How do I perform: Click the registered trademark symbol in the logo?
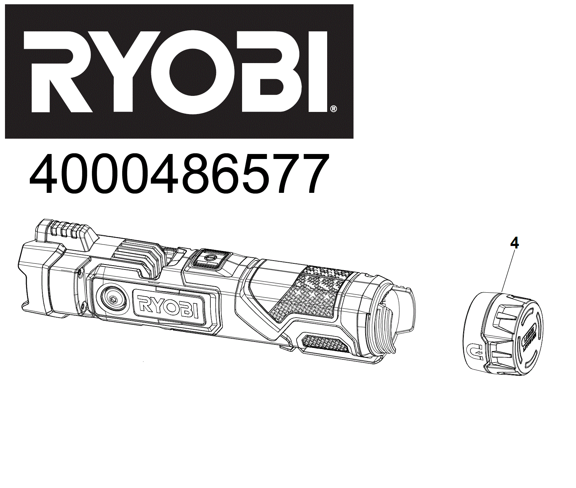[333, 109]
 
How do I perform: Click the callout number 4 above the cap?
[514, 243]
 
